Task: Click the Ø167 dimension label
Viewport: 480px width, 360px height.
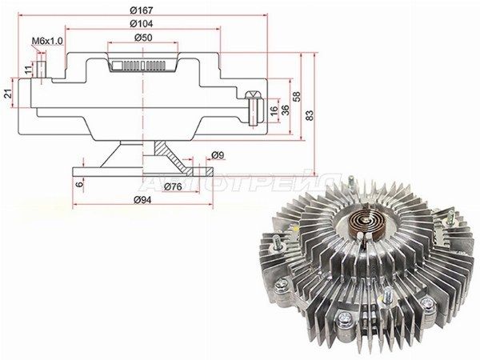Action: tap(141, 10)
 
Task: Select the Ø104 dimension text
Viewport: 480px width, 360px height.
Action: tap(141, 23)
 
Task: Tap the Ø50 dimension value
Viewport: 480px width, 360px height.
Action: tap(143, 38)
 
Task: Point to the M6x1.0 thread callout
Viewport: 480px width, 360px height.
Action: tap(47, 41)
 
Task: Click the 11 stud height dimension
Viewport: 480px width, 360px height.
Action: tap(28, 70)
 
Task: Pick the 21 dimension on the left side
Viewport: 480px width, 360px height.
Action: tap(8, 94)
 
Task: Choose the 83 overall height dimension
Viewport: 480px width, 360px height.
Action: tap(310, 114)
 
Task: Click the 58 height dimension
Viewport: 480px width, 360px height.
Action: tap(297, 97)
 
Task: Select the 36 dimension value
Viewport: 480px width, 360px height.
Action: tap(285, 110)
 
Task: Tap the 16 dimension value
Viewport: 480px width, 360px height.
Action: tap(274, 110)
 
